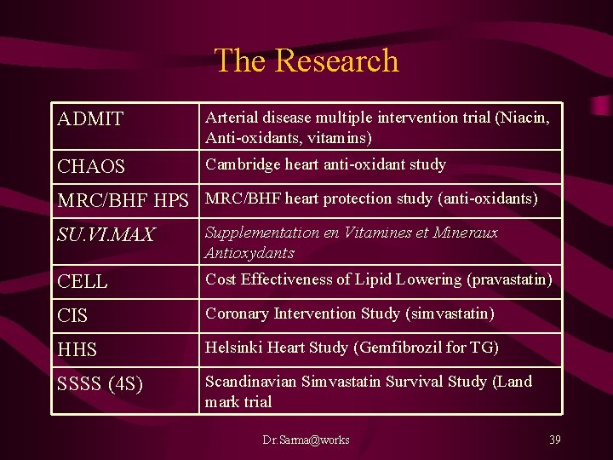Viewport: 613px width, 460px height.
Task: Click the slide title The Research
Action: pyautogui.click(x=306, y=60)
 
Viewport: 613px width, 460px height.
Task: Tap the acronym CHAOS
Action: pyautogui.click(x=91, y=167)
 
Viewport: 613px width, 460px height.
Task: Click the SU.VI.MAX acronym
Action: pyautogui.click(x=106, y=235)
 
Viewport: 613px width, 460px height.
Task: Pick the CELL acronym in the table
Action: pyautogui.click(x=83, y=281)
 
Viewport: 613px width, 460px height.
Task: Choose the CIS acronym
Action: pyautogui.click(x=72, y=316)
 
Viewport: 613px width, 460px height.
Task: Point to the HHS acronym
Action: pyautogui.click(x=77, y=350)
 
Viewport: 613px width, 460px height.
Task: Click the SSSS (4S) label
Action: pyautogui.click(x=100, y=384)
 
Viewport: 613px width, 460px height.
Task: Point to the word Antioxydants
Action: pyautogui.click(x=249, y=253)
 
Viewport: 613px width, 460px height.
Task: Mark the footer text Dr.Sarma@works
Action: pyautogui.click(x=306, y=440)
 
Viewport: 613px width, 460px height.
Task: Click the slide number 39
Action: pyautogui.click(x=554, y=440)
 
